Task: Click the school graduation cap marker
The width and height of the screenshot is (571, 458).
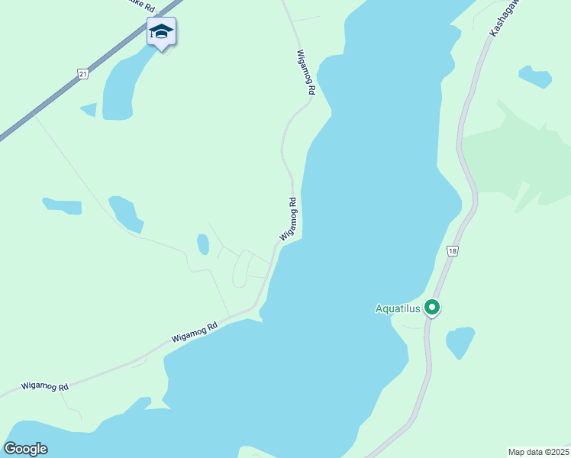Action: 161,32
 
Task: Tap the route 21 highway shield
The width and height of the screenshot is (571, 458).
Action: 83,73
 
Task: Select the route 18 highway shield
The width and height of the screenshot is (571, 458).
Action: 453,251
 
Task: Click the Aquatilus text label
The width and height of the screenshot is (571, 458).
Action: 398,308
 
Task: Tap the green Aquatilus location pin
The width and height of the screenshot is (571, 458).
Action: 432,308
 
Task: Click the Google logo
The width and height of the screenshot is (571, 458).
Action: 25,449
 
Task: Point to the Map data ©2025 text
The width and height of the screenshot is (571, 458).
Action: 538,452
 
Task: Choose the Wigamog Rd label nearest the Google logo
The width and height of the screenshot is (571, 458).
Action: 45,387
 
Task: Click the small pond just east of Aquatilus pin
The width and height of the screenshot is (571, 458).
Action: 460,341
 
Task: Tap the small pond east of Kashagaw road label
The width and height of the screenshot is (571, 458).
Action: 535,76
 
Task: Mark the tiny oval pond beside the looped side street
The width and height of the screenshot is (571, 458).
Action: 203,244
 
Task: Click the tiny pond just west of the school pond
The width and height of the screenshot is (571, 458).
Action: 89,109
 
